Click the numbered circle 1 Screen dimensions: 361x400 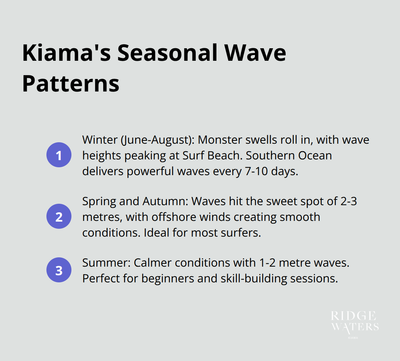pos(59,155)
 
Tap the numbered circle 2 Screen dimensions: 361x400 pos(59,216)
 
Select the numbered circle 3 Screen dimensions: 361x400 pos(59,270)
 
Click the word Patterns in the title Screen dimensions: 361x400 pos(71,84)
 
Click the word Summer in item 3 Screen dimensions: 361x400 pos(106,263)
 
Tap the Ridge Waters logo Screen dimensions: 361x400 pos(355,323)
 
